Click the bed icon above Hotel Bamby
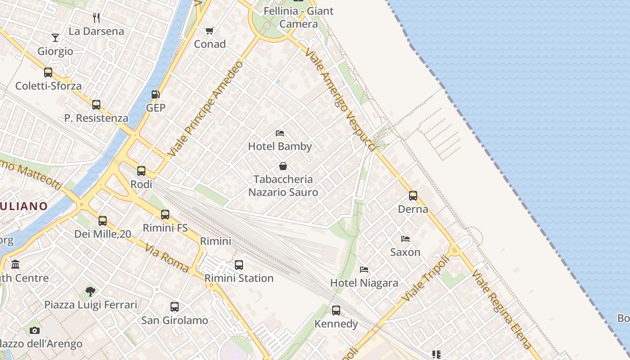click(279, 133)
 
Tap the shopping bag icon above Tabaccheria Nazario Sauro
click(283, 166)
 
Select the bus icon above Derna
click(413, 196)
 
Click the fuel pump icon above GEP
click(155, 94)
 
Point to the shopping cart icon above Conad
click(209, 31)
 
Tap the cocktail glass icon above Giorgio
click(55, 38)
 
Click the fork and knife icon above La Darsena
click(96, 18)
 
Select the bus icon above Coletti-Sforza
click(48, 72)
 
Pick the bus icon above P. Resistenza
click(96, 105)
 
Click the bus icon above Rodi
click(141, 171)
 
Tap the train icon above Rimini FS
click(165, 215)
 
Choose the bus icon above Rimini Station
click(239, 265)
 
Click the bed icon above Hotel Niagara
click(364, 270)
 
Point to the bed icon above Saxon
click(405, 239)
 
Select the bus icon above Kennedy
click(336, 310)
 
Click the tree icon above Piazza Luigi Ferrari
click(90, 291)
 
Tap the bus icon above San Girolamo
click(175, 307)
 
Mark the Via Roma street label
click(167, 257)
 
